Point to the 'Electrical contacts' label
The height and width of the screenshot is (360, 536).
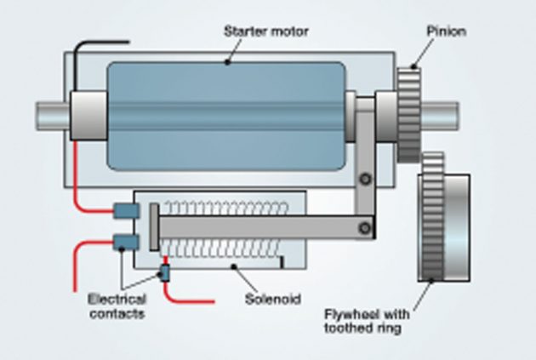pos(117,306)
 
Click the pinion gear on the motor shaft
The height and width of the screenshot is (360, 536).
pos(409,112)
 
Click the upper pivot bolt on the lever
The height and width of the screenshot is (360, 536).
pos(364,178)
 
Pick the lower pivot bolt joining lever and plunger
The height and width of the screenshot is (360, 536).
pos(366,226)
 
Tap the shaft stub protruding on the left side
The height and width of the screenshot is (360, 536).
pos(51,113)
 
